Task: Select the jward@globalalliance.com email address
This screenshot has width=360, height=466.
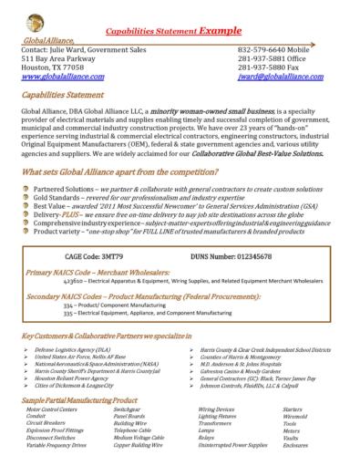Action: coord(288,78)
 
